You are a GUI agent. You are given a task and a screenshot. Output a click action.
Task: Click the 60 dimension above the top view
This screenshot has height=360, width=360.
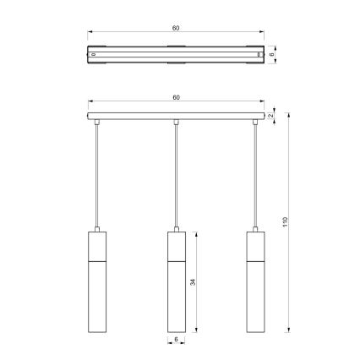176,28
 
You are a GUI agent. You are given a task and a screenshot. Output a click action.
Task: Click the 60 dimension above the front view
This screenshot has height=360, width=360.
176,98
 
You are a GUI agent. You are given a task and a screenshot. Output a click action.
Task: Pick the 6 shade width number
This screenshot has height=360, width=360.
177,340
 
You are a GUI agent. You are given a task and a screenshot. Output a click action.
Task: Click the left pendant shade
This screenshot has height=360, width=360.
97,282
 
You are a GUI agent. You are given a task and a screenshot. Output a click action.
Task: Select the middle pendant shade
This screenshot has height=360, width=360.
176,282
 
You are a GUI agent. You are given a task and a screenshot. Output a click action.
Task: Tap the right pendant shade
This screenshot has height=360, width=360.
254,282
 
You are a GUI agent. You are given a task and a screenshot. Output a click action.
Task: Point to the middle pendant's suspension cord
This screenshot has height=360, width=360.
176,177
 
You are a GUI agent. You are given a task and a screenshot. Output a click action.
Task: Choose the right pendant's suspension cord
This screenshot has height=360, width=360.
254,177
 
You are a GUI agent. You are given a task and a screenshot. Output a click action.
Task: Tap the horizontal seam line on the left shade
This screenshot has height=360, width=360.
97,262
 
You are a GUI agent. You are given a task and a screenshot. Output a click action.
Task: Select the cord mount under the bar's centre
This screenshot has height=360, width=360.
176,123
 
